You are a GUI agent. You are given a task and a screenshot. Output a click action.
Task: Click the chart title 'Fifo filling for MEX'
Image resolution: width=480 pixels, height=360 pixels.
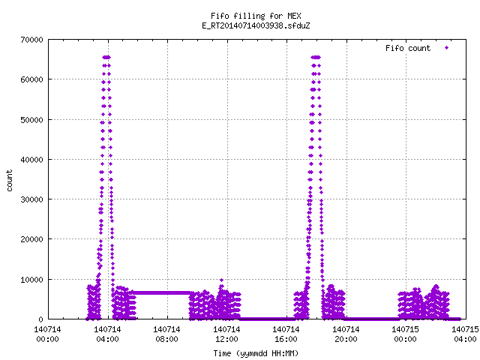pyautogui.click(x=256, y=16)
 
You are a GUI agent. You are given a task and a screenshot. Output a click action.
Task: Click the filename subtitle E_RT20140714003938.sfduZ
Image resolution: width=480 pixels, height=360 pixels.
pyautogui.click(x=256, y=25)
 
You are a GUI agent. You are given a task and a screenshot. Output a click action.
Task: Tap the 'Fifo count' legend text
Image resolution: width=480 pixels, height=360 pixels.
pyautogui.click(x=408, y=48)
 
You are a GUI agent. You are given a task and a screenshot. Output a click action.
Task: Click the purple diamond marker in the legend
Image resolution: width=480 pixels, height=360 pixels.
pyautogui.click(x=447, y=47)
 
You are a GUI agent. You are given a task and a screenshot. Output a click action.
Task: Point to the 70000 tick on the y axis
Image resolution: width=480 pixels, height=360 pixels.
pyautogui.click(x=31, y=40)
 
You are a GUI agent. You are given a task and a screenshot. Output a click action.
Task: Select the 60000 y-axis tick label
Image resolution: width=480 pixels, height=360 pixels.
pyautogui.click(x=31, y=79)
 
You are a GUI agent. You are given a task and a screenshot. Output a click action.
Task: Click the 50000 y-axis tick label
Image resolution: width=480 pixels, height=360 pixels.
pyautogui.click(x=31, y=120)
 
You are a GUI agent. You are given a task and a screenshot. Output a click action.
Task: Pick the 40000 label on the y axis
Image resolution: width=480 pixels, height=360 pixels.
pyautogui.click(x=31, y=160)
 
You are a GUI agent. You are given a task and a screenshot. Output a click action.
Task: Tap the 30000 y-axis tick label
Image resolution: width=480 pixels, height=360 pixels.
pyautogui.click(x=31, y=199)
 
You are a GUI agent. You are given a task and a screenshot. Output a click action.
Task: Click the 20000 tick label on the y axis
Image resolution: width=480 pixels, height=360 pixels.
pyautogui.click(x=31, y=239)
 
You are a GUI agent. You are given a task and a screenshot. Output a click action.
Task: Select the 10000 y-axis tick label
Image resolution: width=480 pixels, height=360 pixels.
pyautogui.click(x=31, y=280)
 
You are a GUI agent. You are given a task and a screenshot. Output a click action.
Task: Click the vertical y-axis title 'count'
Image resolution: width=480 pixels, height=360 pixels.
pyautogui.click(x=9, y=181)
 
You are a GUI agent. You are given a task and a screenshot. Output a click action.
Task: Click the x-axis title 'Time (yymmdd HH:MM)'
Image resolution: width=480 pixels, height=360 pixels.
pyautogui.click(x=256, y=353)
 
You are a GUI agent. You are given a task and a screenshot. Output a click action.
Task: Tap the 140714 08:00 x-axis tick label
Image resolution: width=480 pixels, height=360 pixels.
pyautogui.click(x=166, y=334)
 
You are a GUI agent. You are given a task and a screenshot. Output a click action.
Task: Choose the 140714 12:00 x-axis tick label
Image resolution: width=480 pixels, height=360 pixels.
pyautogui.click(x=226, y=334)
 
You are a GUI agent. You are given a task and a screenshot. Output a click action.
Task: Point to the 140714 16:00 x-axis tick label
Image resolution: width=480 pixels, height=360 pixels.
pyautogui.click(x=286, y=334)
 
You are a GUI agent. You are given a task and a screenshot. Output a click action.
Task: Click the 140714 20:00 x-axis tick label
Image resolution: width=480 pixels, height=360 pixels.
pyautogui.click(x=346, y=334)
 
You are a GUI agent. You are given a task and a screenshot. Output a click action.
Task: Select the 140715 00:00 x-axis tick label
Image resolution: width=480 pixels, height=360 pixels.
pyautogui.click(x=405, y=334)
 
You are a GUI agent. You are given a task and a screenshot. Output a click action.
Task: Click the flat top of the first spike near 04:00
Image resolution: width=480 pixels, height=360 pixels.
pyautogui.click(x=106, y=57)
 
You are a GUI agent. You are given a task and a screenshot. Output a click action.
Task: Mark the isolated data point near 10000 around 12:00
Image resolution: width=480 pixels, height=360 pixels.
pyautogui.click(x=222, y=280)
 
